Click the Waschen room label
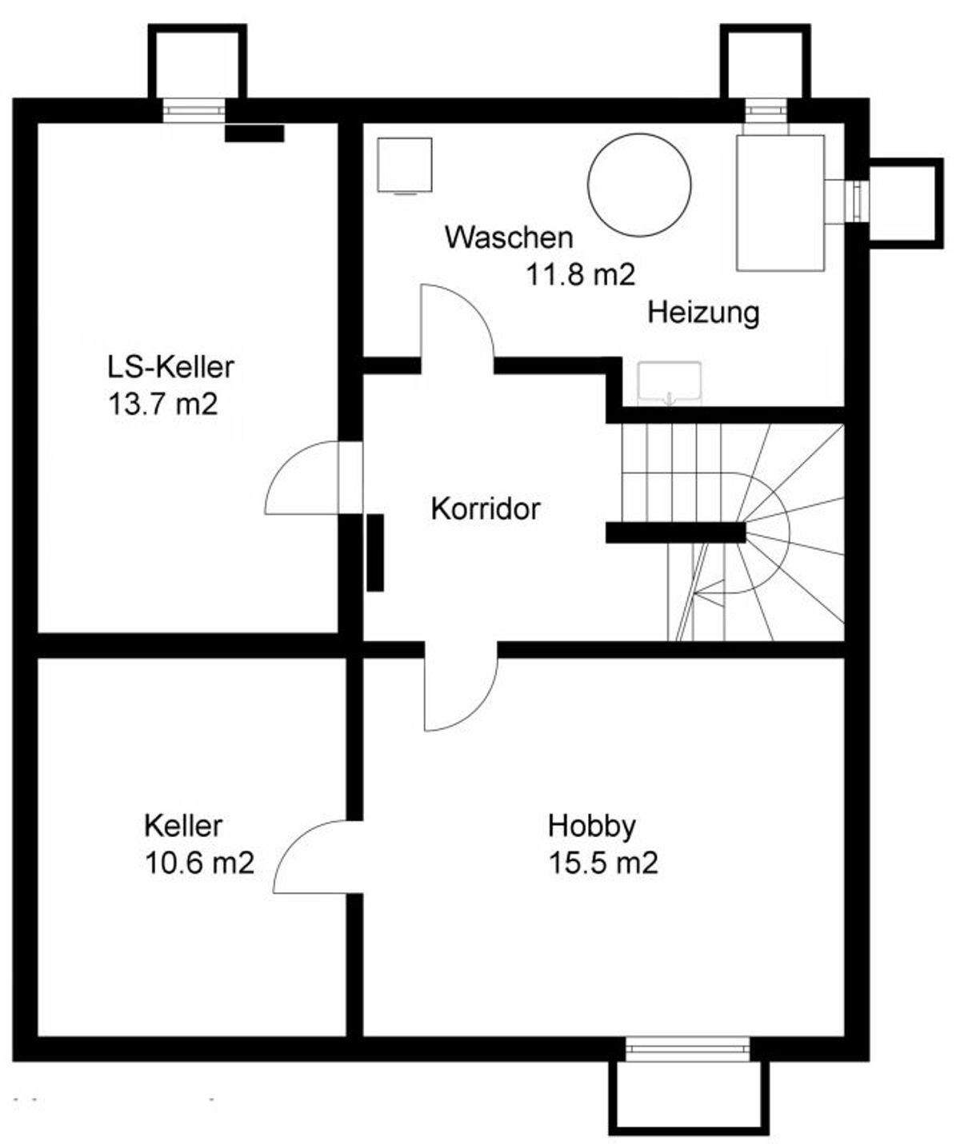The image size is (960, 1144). click(508, 237)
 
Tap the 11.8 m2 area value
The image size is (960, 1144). click(581, 274)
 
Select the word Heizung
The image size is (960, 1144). click(703, 313)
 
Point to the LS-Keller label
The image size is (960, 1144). click(170, 366)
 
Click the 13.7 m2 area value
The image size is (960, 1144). click(163, 405)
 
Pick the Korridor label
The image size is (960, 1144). click(486, 509)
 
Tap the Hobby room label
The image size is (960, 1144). click(591, 827)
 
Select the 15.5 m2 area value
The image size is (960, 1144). click(603, 863)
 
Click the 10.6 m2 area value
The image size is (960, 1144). click(199, 863)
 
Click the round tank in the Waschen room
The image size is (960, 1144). click(639, 185)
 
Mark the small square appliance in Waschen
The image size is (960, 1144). click(405, 165)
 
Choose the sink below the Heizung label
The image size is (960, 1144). click(669, 384)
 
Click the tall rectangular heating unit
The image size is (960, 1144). click(780, 203)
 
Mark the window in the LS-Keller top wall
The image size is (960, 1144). click(194, 110)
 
